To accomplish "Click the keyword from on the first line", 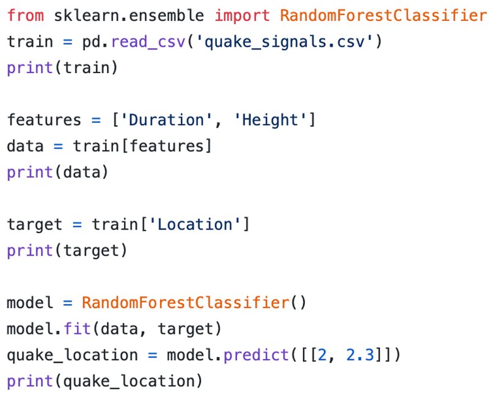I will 25,15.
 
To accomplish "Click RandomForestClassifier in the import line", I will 384,15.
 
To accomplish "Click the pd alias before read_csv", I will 91,42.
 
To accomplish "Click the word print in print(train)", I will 30,68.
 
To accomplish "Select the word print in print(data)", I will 30,172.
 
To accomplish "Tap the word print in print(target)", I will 30,250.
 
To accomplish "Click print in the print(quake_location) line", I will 30,381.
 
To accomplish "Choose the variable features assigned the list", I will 44,120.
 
